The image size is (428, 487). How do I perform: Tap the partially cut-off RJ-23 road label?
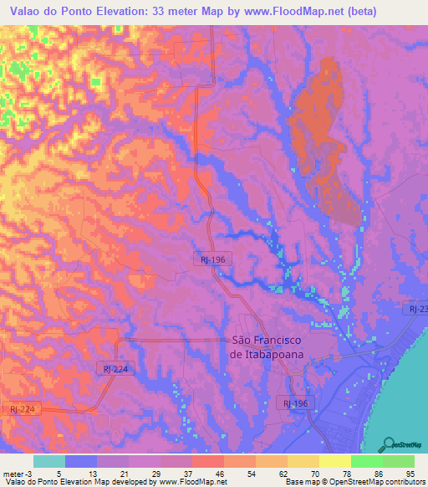point(417,309)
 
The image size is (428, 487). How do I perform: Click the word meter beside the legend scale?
point(11,473)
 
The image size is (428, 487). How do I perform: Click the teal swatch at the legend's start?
point(49,461)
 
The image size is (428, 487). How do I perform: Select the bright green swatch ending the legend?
point(399,461)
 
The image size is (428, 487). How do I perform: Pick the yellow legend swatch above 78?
point(334,461)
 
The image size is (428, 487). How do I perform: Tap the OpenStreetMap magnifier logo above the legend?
point(389,443)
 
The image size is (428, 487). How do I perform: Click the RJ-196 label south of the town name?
point(295,403)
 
